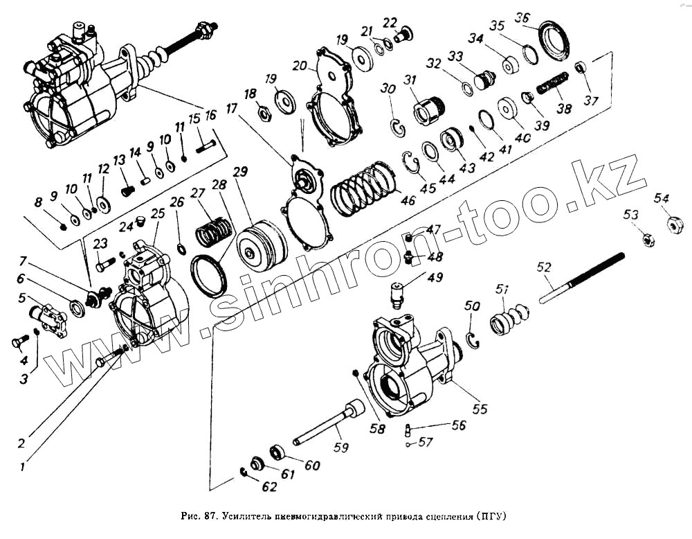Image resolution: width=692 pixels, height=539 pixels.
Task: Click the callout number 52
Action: [544, 267]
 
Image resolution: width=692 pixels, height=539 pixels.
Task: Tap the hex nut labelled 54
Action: [674, 224]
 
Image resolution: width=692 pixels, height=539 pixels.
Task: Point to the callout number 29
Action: [240, 171]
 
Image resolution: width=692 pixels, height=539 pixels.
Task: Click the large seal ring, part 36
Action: [555, 39]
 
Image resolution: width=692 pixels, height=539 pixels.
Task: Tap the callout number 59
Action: [340, 448]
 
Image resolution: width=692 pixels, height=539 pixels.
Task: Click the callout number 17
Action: [230, 108]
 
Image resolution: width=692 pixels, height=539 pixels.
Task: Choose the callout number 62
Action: [269, 487]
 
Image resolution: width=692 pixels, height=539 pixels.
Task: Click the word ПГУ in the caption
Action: [492, 516]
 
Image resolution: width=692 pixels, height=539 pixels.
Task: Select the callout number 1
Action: [23, 466]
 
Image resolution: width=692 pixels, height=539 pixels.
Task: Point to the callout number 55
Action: [480, 409]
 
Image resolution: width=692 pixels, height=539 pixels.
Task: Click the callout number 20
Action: [299, 66]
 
